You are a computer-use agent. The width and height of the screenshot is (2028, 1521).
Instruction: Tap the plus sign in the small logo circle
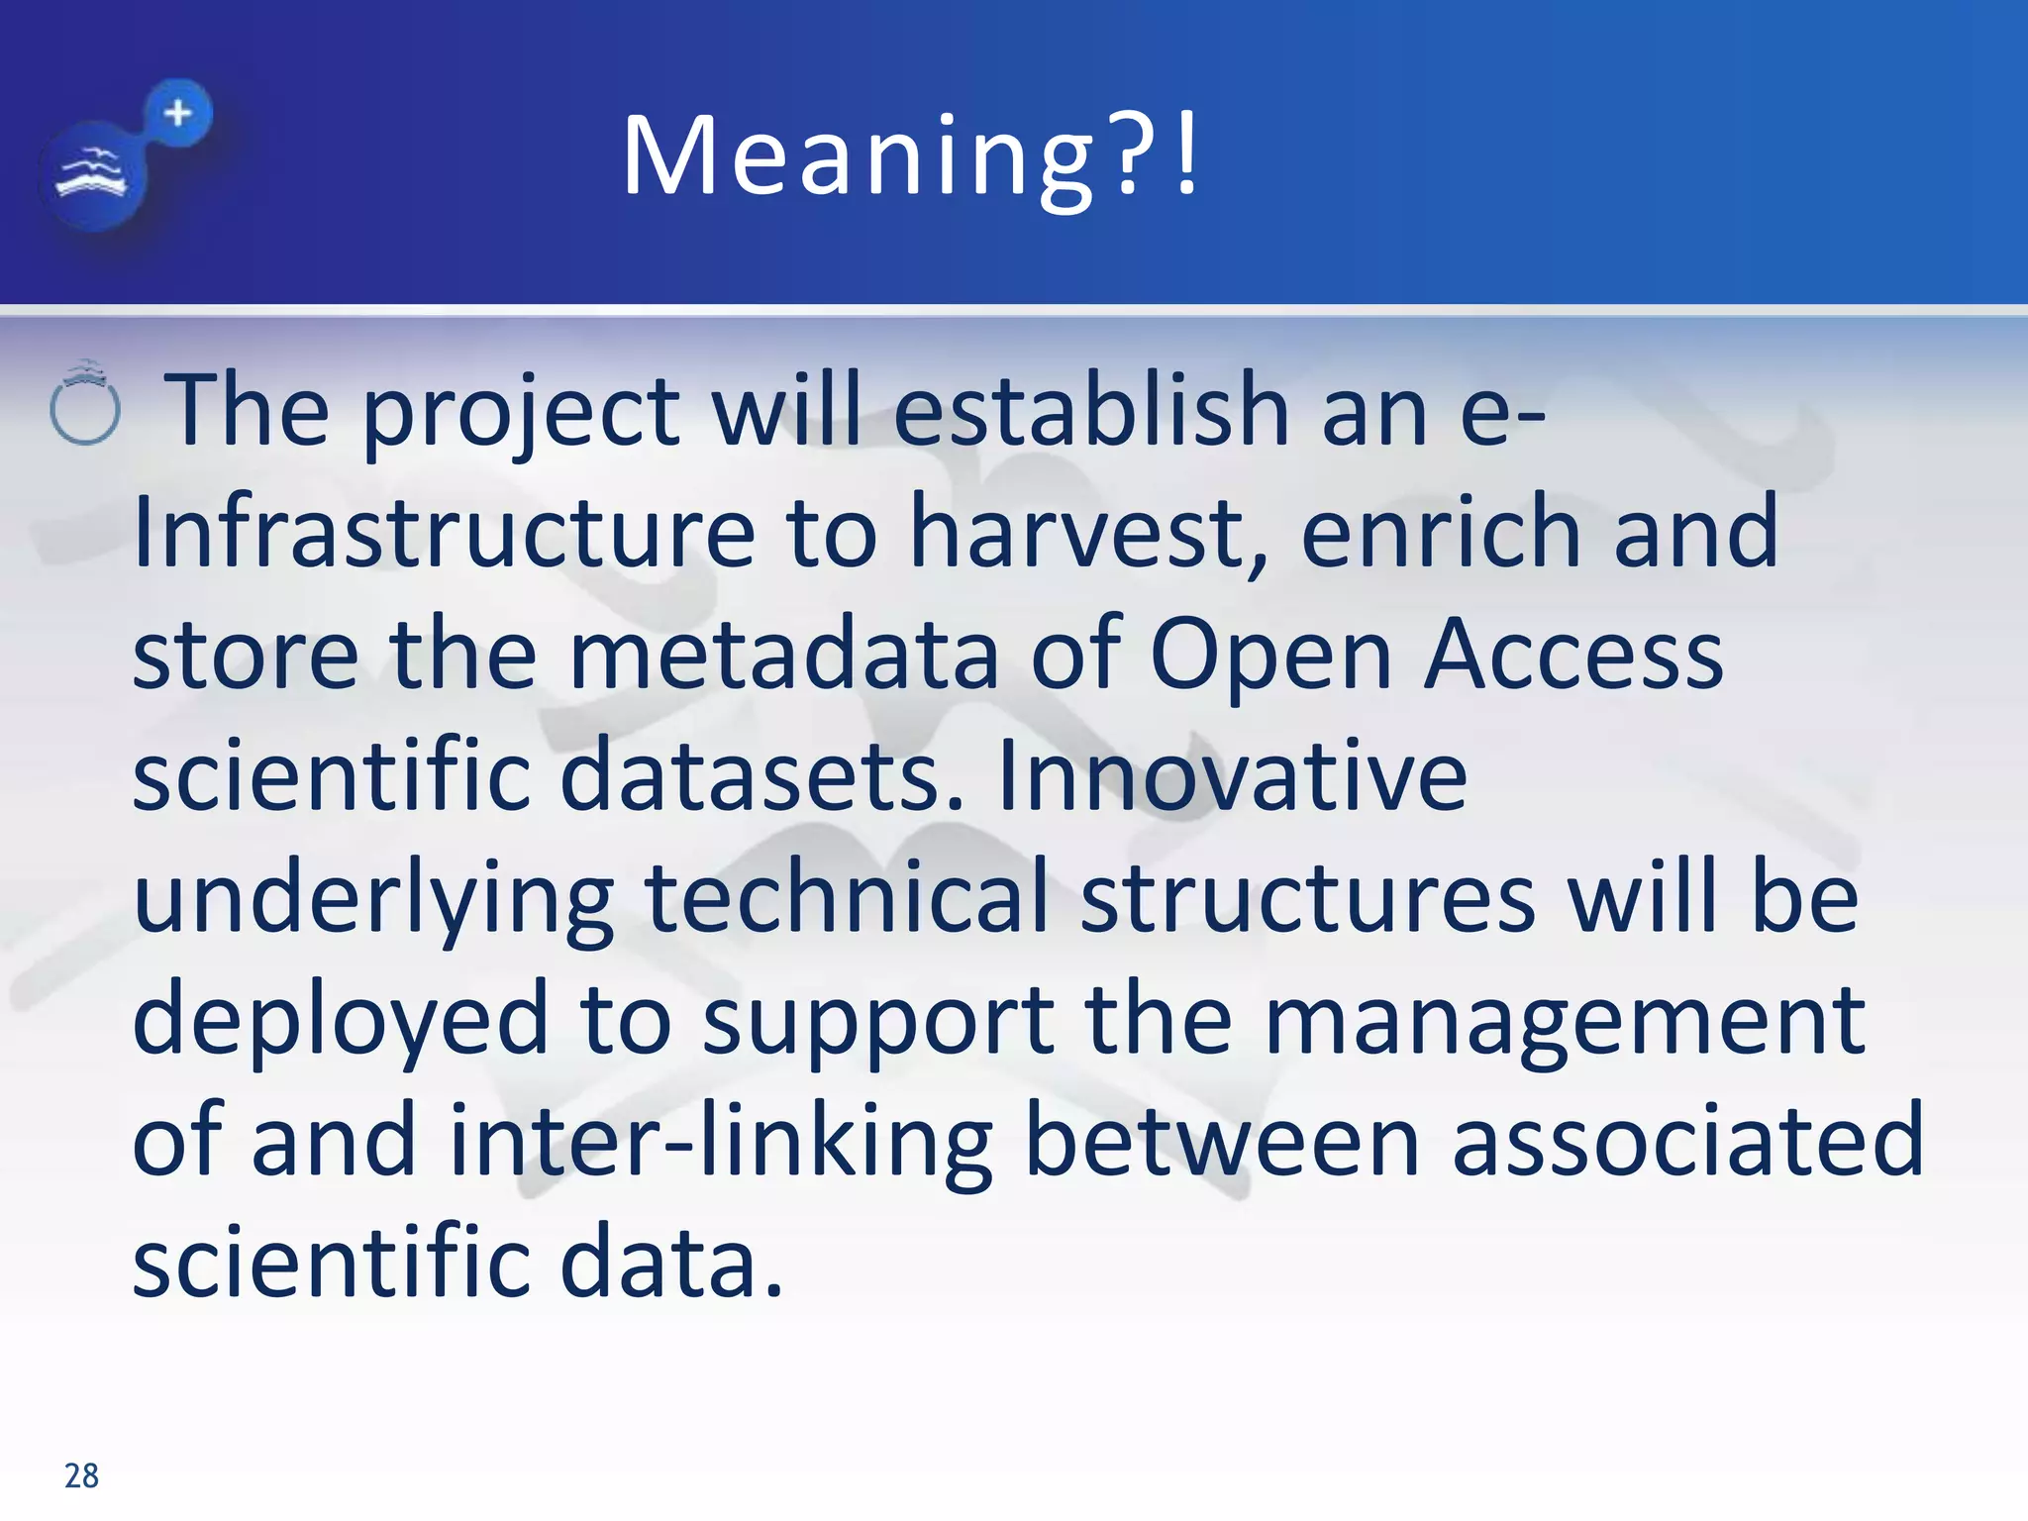click(178, 113)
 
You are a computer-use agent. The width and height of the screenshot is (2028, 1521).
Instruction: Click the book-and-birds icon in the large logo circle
click(92, 175)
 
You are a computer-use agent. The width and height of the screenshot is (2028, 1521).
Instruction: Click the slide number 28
click(81, 1475)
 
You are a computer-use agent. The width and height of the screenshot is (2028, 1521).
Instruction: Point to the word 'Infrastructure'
click(444, 533)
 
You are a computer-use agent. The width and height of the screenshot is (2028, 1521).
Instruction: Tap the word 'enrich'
click(1440, 533)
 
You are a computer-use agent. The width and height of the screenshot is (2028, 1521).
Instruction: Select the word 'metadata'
click(783, 654)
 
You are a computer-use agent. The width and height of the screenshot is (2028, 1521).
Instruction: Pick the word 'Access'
click(1573, 654)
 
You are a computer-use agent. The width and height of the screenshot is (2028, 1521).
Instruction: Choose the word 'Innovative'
click(1232, 776)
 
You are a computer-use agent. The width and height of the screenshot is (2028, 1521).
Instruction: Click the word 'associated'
click(1687, 1142)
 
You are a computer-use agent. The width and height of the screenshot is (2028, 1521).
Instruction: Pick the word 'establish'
click(1091, 410)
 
